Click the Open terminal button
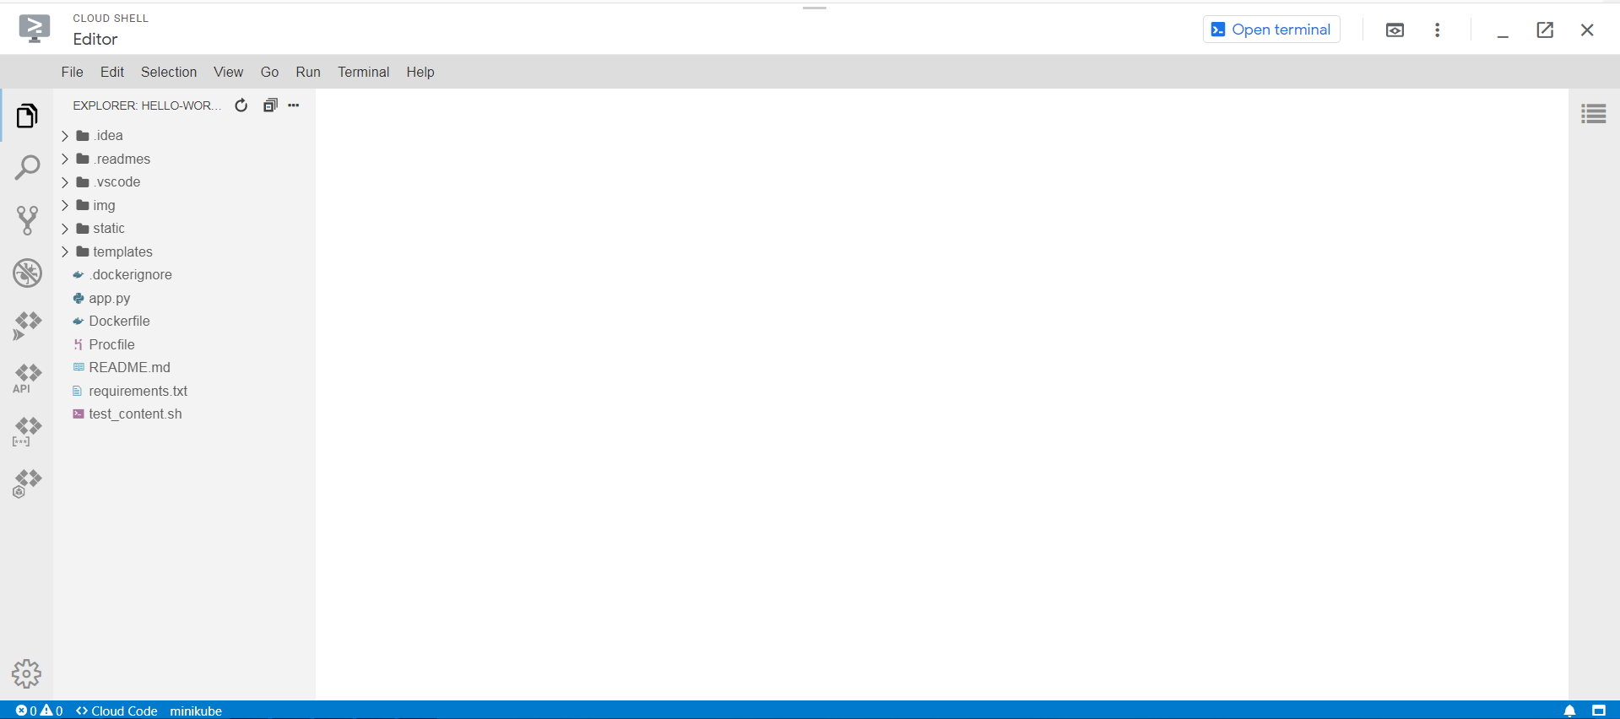point(1271,30)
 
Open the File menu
point(72,73)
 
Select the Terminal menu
point(363,73)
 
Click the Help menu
point(420,73)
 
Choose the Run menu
point(307,73)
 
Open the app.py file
point(110,299)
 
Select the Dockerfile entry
point(119,322)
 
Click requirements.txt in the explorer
point(138,392)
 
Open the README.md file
point(129,368)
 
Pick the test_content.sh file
point(135,414)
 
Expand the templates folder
point(122,252)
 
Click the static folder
point(108,229)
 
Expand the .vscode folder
point(116,182)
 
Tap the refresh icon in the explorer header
point(241,105)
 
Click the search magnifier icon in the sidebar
point(27,168)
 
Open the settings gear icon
point(26,673)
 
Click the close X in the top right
point(1587,30)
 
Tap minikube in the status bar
point(196,711)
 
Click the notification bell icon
point(1569,711)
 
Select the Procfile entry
point(111,345)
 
